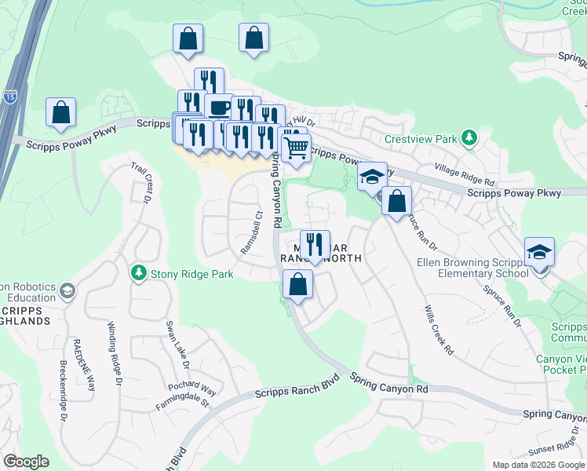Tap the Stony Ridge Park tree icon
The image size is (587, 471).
pos(139,272)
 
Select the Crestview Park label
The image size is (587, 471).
pos(421,139)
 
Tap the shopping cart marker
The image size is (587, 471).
pos(295,147)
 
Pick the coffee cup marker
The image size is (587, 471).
pos(218,108)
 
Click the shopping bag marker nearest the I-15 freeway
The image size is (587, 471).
pos(60,113)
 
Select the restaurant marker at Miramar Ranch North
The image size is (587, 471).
pos(314,243)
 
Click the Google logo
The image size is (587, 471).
pos(26,462)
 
